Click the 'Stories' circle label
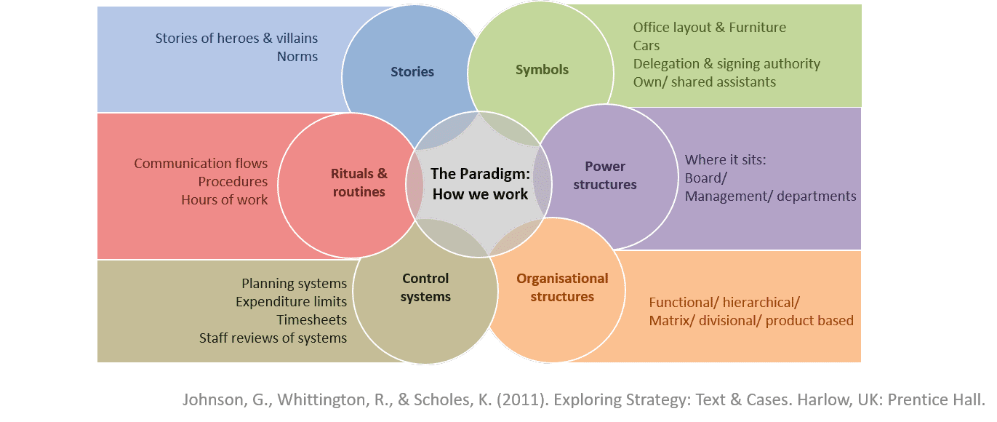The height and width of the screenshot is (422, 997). coord(412,71)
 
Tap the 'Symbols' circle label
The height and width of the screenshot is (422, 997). coord(542,70)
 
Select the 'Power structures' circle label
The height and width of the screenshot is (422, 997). coord(604,175)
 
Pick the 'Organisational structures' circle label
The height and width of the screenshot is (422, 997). coord(562,287)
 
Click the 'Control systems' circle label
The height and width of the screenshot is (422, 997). coord(425,287)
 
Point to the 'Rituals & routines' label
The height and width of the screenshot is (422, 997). coord(359,183)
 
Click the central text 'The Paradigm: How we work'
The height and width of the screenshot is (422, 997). coord(480,183)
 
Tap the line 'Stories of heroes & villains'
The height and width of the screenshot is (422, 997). coord(236,38)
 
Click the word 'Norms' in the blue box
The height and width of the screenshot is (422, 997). coord(297,56)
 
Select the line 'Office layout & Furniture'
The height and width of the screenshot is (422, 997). coord(709,28)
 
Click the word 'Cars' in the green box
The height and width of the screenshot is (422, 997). coord(646,46)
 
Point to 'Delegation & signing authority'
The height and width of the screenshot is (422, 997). coord(726,64)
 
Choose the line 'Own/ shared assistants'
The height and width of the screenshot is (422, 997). coord(704,82)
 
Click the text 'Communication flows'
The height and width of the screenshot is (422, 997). coord(201,163)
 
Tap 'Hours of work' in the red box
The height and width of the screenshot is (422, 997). coord(225,199)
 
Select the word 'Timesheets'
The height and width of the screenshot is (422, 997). coord(311,319)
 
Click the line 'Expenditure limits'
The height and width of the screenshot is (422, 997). coord(291,301)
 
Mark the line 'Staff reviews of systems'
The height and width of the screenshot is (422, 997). coord(273,338)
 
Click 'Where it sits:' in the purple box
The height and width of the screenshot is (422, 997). coord(725,159)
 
